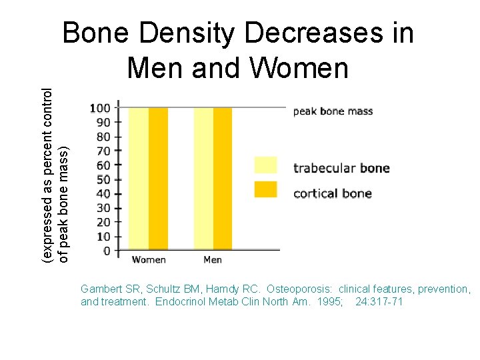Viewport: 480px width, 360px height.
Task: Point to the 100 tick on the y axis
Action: (x=100, y=108)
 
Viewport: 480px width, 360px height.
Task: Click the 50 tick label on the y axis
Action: (x=103, y=179)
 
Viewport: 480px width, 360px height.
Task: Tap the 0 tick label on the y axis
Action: (x=107, y=251)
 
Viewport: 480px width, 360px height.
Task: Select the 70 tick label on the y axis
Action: (x=103, y=151)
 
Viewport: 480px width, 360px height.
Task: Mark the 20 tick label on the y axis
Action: (x=103, y=222)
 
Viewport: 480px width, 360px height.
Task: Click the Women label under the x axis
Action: (x=149, y=259)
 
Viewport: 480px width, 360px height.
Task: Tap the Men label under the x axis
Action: (x=212, y=259)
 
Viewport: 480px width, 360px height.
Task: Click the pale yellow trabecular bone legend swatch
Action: (x=265, y=165)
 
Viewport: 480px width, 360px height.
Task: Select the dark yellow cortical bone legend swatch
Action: (x=265, y=189)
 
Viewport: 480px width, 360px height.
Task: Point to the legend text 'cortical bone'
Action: (x=332, y=194)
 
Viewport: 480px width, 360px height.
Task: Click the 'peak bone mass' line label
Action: (x=333, y=111)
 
